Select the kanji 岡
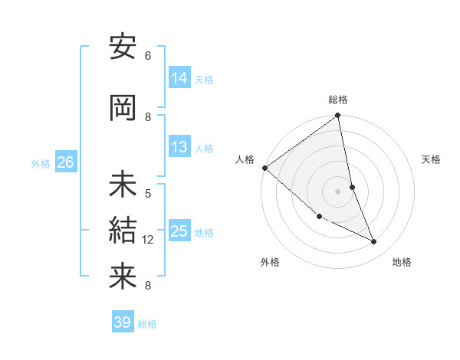[123, 109]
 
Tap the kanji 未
[123, 185]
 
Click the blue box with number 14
[179, 78]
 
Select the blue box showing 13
[179, 148]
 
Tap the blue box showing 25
[179, 231]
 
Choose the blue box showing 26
[66, 162]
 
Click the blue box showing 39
[123, 322]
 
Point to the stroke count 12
[148, 240]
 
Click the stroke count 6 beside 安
[148, 56]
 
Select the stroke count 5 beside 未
[148, 193]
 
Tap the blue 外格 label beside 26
[41, 163]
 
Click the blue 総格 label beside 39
[147, 324]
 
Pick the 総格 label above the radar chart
[338, 100]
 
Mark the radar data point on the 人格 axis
[264, 168]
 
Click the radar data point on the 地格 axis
[374, 242]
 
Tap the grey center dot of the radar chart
[337, 191]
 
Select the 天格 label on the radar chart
[432, 159]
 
